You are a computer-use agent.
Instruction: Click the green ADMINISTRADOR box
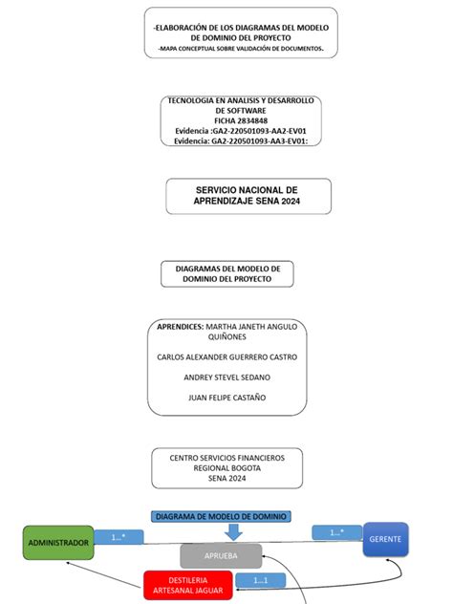[x=57, y=543]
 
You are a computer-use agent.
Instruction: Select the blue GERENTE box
[x=386, y=540]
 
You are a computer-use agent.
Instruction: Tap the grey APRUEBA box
[x=221, y=555]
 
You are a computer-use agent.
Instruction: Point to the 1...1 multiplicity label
[x=259, y=580]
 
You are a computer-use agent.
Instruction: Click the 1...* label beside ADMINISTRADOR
[x=118, y=537]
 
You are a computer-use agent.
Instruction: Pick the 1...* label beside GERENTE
[x=336, y=532]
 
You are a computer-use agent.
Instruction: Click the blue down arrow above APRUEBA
[x=233, y=530]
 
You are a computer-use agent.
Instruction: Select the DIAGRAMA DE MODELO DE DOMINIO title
[x=220, y=516]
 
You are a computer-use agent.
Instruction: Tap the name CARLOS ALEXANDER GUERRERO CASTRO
[x=226, y=356]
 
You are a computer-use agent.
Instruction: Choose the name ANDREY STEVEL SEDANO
[x=226, y=377]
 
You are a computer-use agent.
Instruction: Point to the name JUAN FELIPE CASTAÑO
[x=226, y=397]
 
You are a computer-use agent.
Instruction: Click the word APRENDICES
[x=180, y=326]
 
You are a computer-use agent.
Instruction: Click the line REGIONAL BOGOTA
[x=226, y=468]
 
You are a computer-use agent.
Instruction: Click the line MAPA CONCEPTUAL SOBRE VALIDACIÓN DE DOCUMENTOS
[x=242, y=47]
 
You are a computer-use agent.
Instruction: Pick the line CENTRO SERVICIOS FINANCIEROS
[x=226, y=458]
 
